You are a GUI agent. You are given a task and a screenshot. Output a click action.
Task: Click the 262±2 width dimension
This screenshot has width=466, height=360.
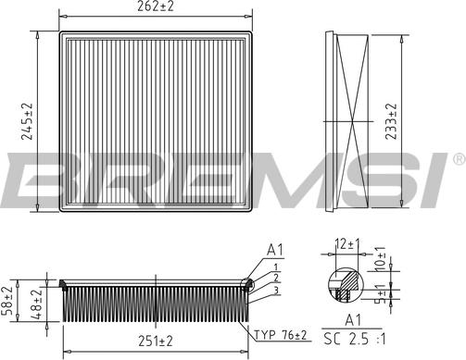tap(156, 6)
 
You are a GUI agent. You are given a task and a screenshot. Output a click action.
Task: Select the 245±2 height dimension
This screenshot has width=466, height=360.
tap(27, 121)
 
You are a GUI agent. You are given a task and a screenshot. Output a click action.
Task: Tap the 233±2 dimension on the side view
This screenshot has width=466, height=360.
tap(391, 121)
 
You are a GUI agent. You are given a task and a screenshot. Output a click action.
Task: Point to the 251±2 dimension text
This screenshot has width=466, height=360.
tap(156, 341)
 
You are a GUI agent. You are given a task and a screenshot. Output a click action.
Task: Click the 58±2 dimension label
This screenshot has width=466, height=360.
tap(6, 301)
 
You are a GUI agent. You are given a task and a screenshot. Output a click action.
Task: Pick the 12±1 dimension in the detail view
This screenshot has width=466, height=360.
tap(347, 244)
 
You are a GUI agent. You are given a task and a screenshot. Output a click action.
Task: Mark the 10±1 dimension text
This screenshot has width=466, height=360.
tap(381, 259)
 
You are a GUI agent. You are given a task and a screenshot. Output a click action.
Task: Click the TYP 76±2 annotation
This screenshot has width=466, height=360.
tap(281, 335)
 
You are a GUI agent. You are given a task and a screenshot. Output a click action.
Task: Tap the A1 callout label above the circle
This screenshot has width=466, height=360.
tap(275, 250)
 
